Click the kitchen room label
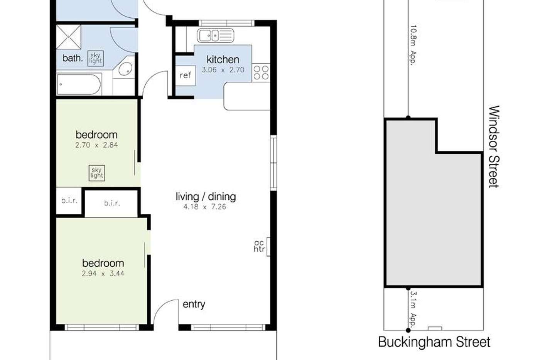tap(223, 59)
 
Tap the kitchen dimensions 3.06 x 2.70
tap(223, 70)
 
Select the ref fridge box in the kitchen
tap(185, 75)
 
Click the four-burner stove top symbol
tap(261, 72)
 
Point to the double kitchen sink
tap(215, 36)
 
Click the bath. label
tap(73, 58)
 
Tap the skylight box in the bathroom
tap(95, 58)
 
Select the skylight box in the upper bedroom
tap(96, 173)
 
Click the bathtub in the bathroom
tap(79, 84)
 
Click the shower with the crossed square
tap(69, 37)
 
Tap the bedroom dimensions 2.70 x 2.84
tap(96, 145)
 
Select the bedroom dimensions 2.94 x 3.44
tap(103, 274)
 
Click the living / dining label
tap(206, 197)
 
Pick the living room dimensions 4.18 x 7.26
tap(204, 207)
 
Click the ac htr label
tap(259, 246)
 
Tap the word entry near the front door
tap(194, 304)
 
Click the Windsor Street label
tap(494, 146)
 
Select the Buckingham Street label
tap(434, 342)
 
